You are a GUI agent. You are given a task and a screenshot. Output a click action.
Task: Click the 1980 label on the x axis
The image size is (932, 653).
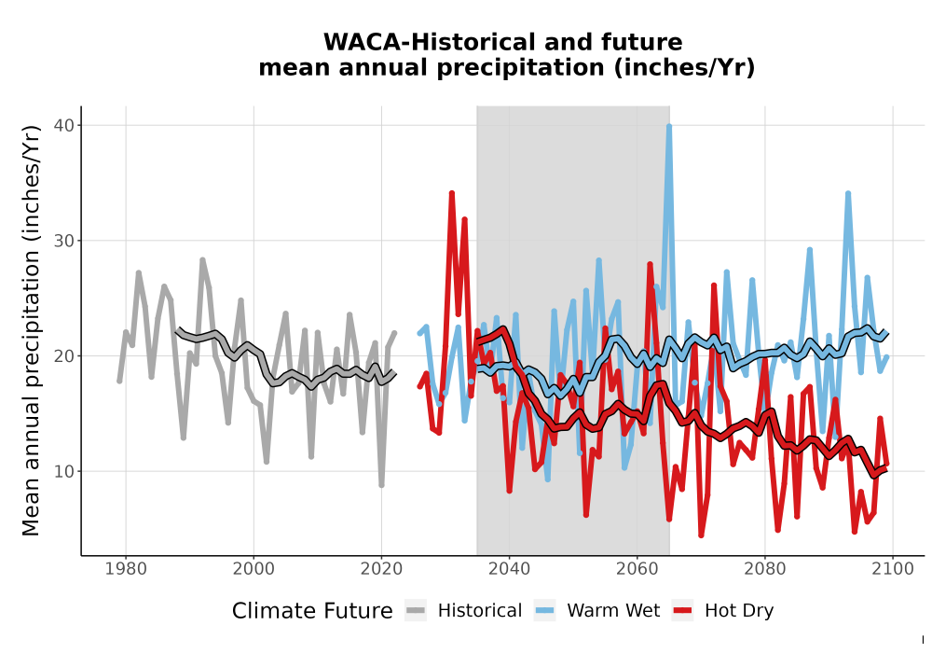pyautogui.click(x=126, y=569)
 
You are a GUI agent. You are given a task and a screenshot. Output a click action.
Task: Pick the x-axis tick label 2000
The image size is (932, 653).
pyautogui.click(x=254, y=569)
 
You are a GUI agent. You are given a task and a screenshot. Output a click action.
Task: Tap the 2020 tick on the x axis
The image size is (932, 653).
pyautogui.click(x=381, y=569)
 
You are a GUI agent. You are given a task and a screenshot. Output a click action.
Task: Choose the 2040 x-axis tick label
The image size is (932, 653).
pyautogui.click(x=510, y=569)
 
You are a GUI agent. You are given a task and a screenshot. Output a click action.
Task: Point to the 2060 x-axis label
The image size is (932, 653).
pyautogui.click(x=637, y=569)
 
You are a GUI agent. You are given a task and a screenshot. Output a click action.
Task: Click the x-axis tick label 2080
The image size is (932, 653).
pyautogui.click(x=765, y=569)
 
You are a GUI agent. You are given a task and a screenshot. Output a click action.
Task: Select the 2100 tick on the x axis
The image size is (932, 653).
pyautogui.click(x=893, y=569)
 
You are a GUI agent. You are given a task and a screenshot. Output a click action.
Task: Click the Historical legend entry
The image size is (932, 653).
pyautogui.click(x=463, y=611)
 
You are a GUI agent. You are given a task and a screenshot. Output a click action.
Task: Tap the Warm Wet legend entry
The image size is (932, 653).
pyautogui.click(x=596, y=611)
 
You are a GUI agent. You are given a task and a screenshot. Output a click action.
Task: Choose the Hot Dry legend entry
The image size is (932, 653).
pyautogui.click(x=723, y=611)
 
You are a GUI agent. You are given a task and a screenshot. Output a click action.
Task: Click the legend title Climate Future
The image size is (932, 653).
pyautogui.click(x=312, y=611)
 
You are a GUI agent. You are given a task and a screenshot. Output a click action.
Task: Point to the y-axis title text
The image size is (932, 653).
pyautogui.click(x=31, y=330)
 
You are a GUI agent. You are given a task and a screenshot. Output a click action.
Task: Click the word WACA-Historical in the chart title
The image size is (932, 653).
pyautogui.click(x=429, y=42)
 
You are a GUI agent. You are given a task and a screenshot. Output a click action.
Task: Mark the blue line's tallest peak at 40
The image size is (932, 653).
pyautogui.click(x=669, y=126)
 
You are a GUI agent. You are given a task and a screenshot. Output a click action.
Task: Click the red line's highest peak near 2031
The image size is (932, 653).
pyautogui.click(x=452, y=193)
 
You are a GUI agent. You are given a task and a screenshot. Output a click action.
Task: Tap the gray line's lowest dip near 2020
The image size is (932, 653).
pyautogui.click(x=381, y=485)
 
